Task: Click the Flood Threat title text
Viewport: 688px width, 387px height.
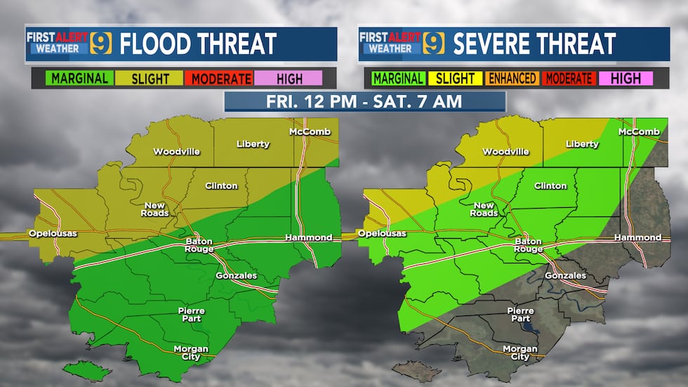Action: click(x=198, y=44)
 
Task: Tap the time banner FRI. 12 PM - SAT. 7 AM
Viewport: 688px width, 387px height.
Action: click(x=364, y=100)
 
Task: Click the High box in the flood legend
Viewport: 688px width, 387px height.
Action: click(x=288, y=79)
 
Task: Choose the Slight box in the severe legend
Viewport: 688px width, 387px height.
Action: click(x=455, y=79)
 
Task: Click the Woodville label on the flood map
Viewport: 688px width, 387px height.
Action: click(x=176, y=152)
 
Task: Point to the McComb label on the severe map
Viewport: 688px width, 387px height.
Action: click(x=639, y=132)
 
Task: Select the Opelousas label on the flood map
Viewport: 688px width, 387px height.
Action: click(x=52, y=233)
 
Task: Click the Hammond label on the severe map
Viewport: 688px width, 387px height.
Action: click(x=637, y=237)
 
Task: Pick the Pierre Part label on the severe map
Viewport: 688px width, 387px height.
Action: click(x=520, y=315)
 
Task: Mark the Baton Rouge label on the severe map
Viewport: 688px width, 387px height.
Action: click(x=528, y=245)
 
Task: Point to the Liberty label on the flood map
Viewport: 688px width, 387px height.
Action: click(x=253, y=144)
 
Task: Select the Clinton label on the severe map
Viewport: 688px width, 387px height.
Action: click(x=550, y=186)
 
